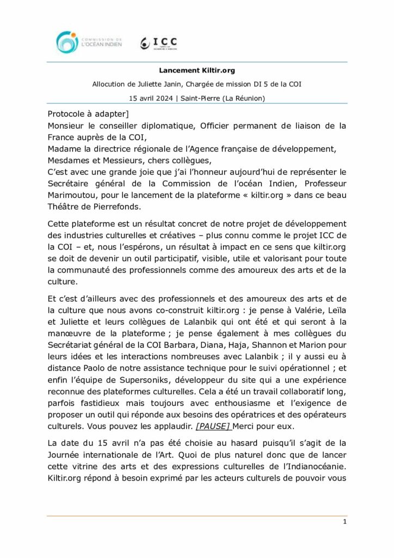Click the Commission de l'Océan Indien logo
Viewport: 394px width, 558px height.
88,42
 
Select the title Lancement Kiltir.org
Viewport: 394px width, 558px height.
196,70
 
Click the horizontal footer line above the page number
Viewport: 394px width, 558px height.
196,515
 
